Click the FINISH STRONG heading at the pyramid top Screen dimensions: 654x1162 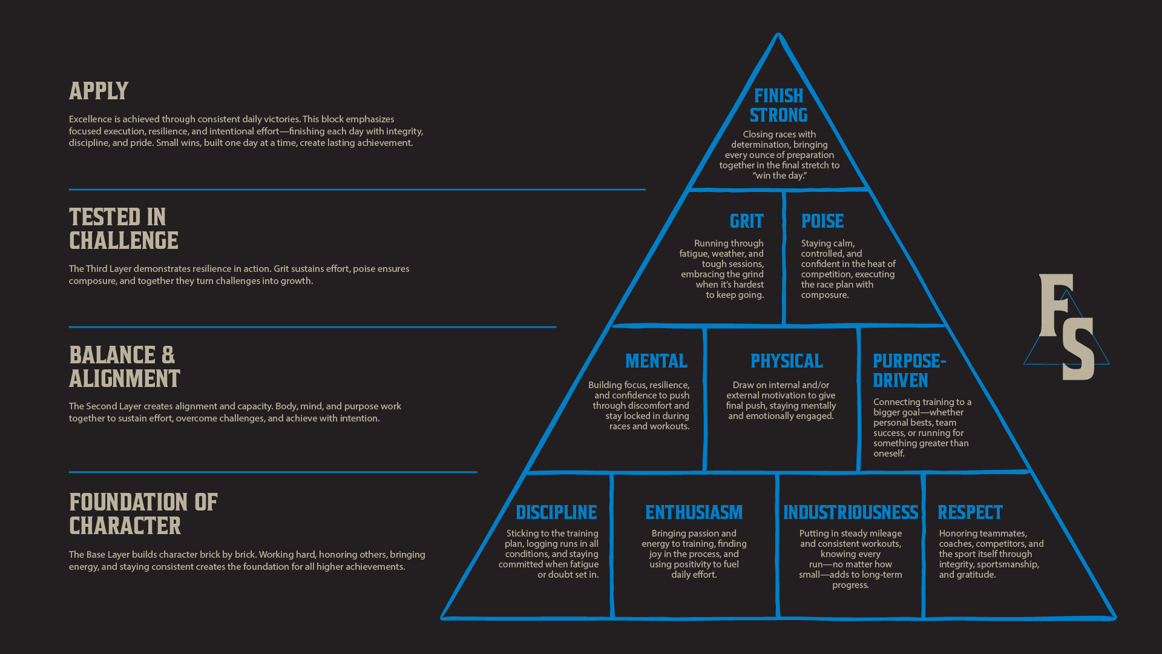pos(778,105)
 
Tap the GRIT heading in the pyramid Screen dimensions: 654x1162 pos(746,221)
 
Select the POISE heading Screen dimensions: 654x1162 pos(822,221)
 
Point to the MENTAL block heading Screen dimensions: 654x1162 pos(656,362)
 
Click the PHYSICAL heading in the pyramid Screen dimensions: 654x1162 pos(786,362)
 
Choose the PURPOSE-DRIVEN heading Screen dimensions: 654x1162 pos(908,371)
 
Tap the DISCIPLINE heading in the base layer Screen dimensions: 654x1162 pos(556,513)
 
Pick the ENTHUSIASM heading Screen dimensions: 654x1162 pos(694,513)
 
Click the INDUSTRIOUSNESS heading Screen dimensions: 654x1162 pos(850,513)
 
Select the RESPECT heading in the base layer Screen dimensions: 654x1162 pos(970,513)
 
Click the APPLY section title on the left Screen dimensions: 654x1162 pos(99,91)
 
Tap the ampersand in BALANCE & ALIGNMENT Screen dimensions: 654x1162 pos(168,355)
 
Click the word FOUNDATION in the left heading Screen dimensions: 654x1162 pos(128,503)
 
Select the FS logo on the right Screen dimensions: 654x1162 pos(1066,327)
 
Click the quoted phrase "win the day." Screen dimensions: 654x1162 pos(780,176)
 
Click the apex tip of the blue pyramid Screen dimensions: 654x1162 pos(778,35)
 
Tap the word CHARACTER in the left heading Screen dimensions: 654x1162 pos(125,526)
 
